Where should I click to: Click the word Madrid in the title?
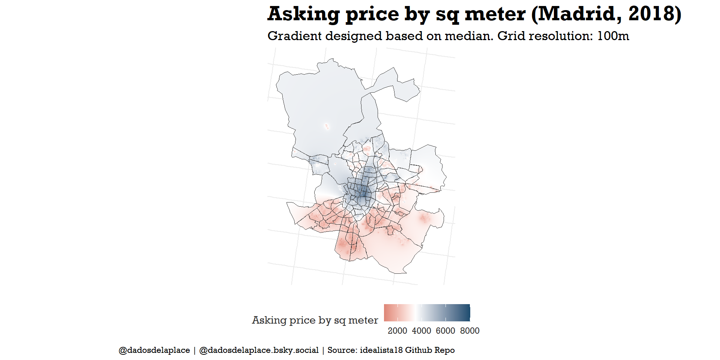coord(577,14)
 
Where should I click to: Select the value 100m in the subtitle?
coord(613,36)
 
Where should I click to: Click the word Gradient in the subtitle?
coord(295,36)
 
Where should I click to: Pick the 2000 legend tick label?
coord(397,331)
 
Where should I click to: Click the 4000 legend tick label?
coord(421,331)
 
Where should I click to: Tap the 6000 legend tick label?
coord(445,331)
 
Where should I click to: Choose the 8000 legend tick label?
coord(469,331)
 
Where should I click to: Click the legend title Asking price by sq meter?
coord(315,320)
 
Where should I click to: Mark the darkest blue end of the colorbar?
coord(468,313)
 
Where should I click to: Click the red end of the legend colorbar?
coord(386,313)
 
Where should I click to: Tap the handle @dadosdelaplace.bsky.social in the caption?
coord(259,350)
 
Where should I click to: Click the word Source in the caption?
coord(341,350)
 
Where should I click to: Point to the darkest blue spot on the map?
coord(363,194)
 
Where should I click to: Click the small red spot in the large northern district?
coord(327,127)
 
